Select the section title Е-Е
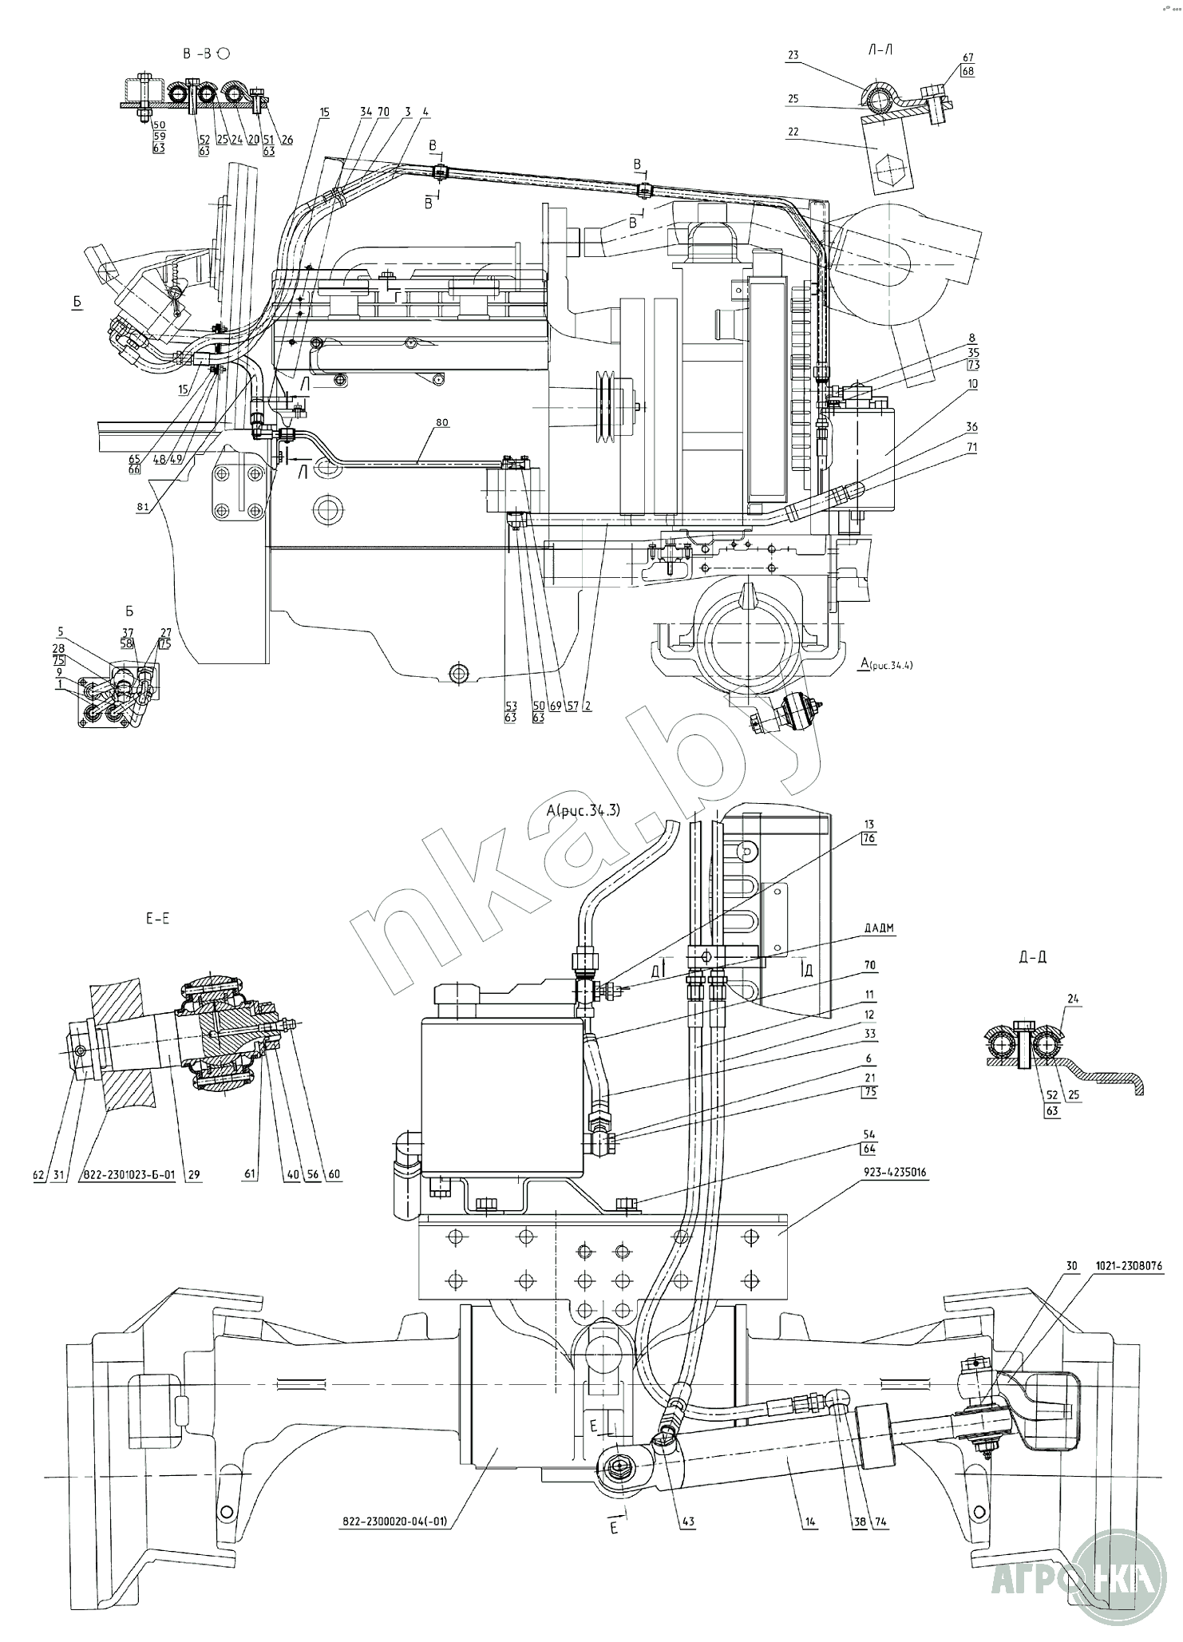click(157, 919)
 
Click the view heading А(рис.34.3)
click(583, 811)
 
